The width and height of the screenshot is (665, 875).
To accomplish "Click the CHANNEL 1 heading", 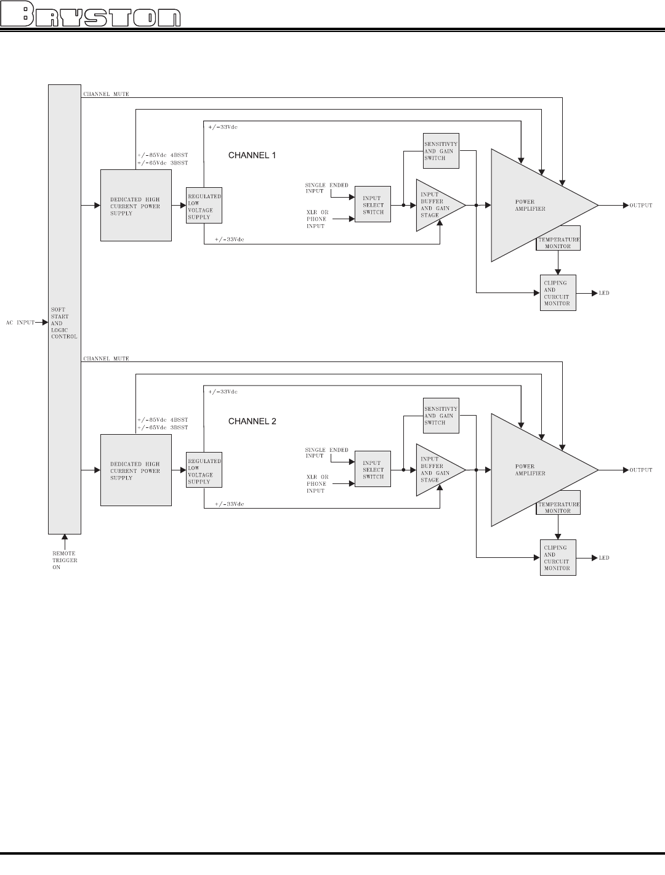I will pos(252,156).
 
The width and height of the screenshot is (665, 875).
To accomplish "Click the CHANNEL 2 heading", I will pos(252,421).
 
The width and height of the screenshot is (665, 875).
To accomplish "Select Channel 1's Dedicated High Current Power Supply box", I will pos(136,206).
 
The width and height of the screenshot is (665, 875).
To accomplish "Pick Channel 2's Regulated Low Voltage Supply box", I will pos(204,470).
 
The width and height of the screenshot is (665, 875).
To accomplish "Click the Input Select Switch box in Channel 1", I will pos(373,205).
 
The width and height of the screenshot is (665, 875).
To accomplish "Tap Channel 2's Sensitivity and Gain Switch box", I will pos(441,415).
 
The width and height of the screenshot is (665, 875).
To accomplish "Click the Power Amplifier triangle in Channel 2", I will pos(536,470).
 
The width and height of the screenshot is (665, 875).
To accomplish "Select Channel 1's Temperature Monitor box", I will pos(558,243).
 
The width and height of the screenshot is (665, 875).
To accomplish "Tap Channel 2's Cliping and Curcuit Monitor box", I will pos(558,558).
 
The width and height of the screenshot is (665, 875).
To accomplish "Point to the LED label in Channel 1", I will pos(604,293).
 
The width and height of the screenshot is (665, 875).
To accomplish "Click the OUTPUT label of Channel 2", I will pos(640,470).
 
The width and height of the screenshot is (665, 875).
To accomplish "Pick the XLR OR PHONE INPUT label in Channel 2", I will pos(318,483).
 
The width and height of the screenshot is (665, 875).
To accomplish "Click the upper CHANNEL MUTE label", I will pos(106,94).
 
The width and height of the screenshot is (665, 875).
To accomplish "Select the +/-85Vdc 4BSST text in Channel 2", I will pos(163,420).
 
